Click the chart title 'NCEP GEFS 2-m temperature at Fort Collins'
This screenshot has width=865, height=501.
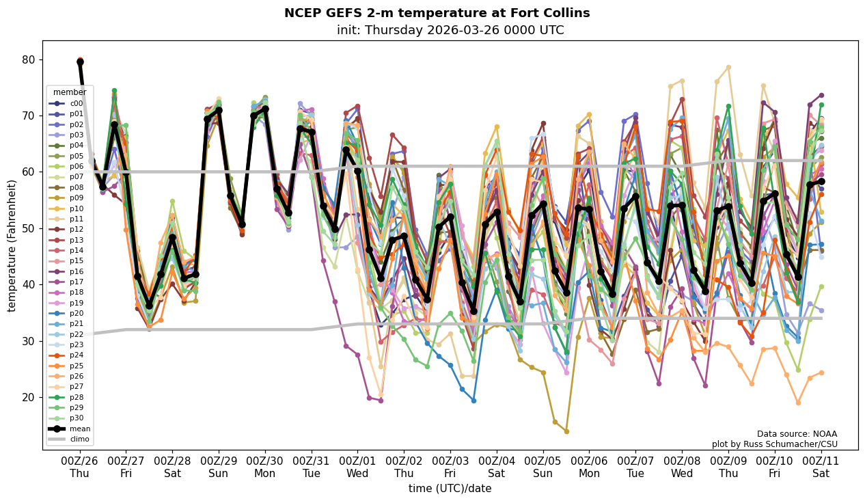(437, 13)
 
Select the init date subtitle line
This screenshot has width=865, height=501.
(450, 30)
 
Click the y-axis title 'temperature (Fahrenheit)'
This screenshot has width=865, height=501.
(12, 245)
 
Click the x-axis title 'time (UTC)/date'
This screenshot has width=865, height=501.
(450, 488)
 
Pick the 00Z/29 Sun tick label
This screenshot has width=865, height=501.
(219, 465)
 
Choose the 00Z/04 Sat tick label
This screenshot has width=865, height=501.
(497, 465)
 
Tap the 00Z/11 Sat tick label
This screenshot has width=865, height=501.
(821, 465)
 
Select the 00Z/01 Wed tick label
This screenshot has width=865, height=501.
(358, 465)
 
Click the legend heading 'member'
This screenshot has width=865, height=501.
(70, 92)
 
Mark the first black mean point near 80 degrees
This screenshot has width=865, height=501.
(80, 62)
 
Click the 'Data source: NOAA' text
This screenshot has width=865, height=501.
(797, 434)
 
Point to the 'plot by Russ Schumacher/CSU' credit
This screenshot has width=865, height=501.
(774, 444)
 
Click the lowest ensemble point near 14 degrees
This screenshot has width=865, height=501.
(566, 431)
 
